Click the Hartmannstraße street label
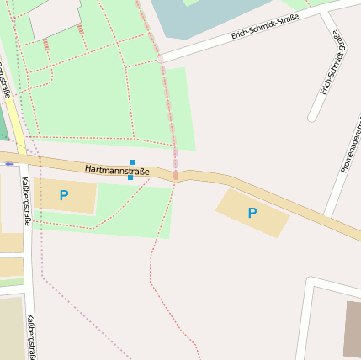click(x=117, y=171)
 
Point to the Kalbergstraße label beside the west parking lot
click(x=26, y=201)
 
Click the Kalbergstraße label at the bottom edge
click(x=31, y=337)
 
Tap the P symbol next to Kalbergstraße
click(x=64, y=196)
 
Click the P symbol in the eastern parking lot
click(x=252, y=213)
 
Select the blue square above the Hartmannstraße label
click(x=132, y=161)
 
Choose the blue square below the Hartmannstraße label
click(x=130, y=177)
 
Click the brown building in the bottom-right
click(x=352, y=328)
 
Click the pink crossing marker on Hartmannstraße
click(x=176, y=175)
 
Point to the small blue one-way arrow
click(x=9, y=164)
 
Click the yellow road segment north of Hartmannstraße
click(x=16, y=126)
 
